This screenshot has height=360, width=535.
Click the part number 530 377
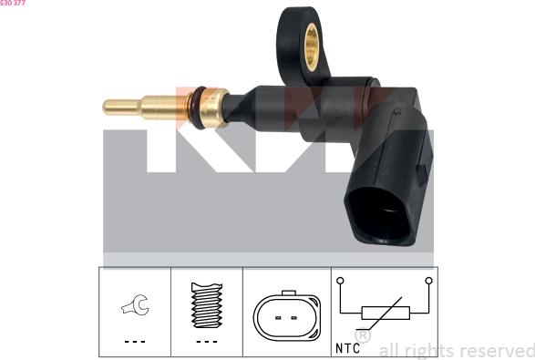13,3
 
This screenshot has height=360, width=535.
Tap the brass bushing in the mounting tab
311,47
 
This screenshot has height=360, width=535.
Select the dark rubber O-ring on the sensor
198,108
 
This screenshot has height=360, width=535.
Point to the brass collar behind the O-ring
213,108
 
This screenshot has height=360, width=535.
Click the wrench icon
136,304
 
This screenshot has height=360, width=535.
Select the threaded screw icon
206,305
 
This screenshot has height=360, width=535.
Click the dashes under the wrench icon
135,342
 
